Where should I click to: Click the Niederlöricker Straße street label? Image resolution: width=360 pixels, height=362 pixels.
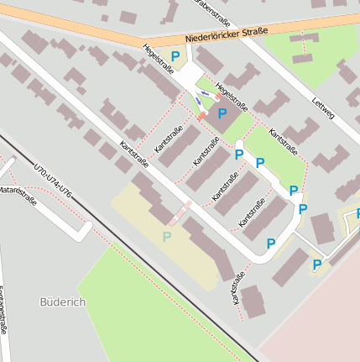(226, 35)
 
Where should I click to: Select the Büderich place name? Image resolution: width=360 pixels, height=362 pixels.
(63, 301)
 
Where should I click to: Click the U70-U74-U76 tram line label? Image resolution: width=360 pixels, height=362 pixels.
(53, 182)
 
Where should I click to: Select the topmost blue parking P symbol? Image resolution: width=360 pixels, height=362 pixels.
(175, 56)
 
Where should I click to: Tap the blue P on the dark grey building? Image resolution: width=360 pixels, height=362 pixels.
(222, 113)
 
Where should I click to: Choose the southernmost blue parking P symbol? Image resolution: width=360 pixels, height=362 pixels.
(317, 265)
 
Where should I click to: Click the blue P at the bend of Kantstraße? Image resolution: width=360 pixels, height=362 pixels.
(271, 244)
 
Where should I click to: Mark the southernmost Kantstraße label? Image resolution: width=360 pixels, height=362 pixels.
(237, 288)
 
